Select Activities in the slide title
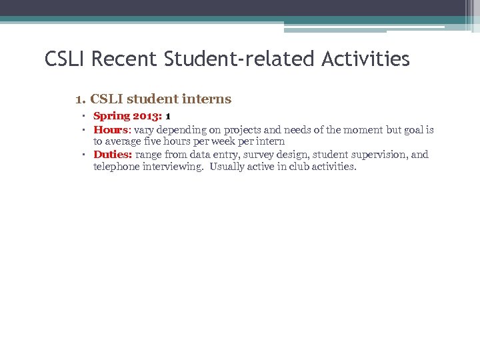click(365, 59)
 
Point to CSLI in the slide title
click(65, 59)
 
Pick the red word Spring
click(112, 117)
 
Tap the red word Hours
click(110, 129)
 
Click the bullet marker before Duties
click(86, 155)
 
